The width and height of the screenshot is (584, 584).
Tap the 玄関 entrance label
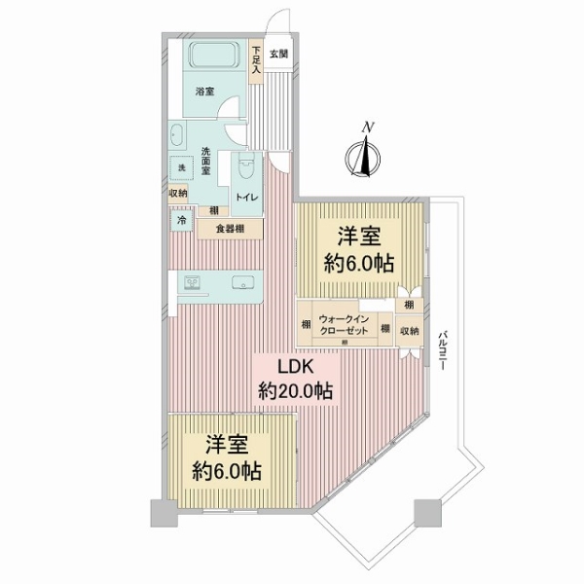tap(278, 55)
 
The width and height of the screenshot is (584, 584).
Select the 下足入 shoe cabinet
tap(255, 61)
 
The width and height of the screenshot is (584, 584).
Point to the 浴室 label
tap(204, 91)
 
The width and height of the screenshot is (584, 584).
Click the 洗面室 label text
tap(207, 161)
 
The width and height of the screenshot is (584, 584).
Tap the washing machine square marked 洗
tap(181, 168)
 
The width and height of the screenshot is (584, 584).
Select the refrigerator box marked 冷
tap(181, 221)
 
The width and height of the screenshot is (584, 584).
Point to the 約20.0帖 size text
tap(295, 391)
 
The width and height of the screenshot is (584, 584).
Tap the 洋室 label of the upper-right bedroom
tap(359, 236)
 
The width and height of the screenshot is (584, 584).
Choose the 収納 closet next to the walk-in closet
tap(409, 331)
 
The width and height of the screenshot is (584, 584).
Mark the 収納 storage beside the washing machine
tap(181, 193)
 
